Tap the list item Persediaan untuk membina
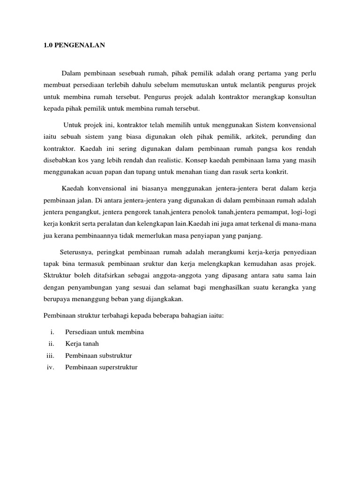[104, 332]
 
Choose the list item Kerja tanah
[82, 344]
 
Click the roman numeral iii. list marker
[51, 355]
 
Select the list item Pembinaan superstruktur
[101, 367]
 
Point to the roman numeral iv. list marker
[51, 367]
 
